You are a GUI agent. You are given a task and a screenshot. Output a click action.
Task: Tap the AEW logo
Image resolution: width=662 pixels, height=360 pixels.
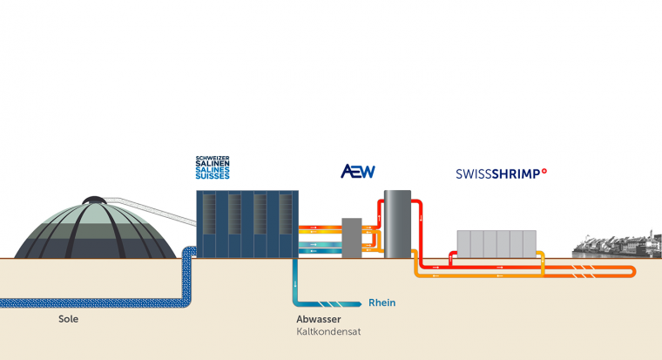357,172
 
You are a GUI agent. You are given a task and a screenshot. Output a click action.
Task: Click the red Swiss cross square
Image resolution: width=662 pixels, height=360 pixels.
544,172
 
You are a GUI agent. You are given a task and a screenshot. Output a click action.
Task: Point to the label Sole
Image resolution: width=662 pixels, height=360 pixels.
69,319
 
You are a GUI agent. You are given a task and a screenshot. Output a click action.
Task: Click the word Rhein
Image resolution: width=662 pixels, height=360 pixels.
382,303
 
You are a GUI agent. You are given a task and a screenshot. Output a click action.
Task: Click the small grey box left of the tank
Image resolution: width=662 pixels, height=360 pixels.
352,237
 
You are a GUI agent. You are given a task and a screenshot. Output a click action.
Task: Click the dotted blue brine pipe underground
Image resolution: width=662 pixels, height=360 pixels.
87,302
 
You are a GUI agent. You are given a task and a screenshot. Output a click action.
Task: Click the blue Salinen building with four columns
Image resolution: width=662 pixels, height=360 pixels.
247,223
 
